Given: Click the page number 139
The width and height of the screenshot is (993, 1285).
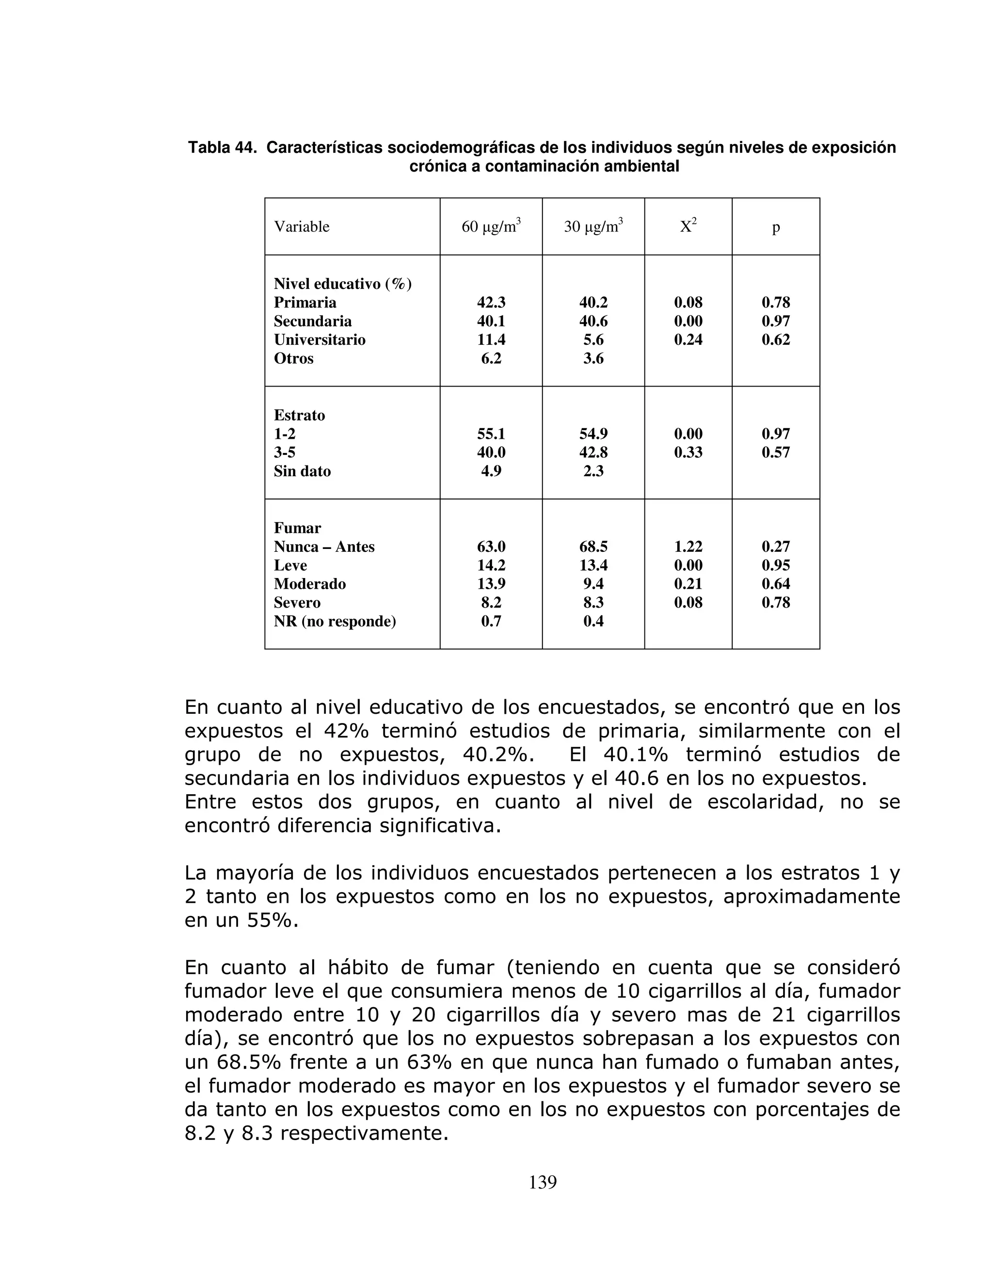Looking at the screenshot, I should [543, 1182].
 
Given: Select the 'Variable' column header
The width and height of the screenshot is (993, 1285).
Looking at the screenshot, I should [301, 227].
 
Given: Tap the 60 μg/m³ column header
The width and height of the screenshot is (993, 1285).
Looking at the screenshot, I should [491, 226].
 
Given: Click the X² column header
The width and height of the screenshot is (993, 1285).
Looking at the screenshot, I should [688, 226].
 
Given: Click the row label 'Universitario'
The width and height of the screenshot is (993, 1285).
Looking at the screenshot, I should [320, 340].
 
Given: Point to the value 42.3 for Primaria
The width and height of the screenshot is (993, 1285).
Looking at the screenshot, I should [491, 303].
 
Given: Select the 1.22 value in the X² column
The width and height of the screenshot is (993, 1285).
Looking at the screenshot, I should [688, 546].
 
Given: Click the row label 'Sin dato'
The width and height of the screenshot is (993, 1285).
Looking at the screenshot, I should [303, 471].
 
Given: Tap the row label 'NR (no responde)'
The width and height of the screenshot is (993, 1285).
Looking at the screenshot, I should [335, 621].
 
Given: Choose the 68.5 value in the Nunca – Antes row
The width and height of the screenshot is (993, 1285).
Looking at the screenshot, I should [593, 546].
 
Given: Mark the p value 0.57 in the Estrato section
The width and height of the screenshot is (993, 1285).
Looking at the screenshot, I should [775, 452].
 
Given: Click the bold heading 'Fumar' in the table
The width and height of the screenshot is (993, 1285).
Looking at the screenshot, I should [297, 528].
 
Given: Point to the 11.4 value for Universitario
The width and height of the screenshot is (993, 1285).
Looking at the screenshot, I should [491, 340].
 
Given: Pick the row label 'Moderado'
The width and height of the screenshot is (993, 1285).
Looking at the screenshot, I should [309, 584].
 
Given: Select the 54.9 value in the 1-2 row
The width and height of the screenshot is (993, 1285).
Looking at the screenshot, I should [593, 434].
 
